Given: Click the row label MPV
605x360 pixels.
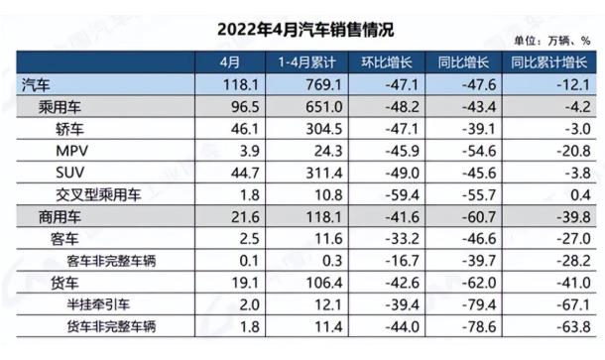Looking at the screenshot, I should coord(73,151).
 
